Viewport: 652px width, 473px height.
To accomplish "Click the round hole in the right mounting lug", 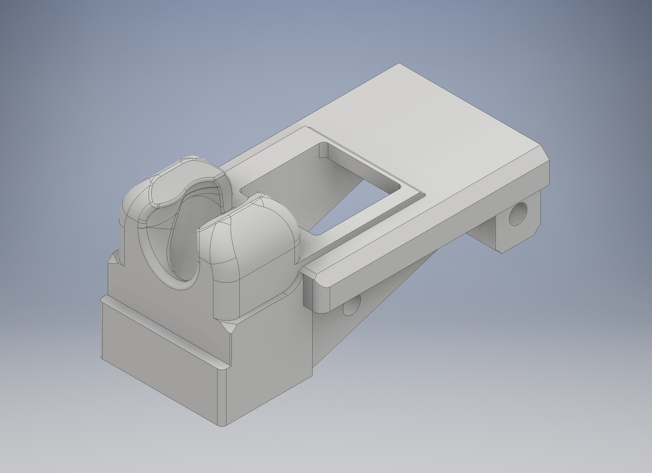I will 518,214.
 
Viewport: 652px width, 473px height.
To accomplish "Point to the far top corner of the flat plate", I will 399,65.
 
